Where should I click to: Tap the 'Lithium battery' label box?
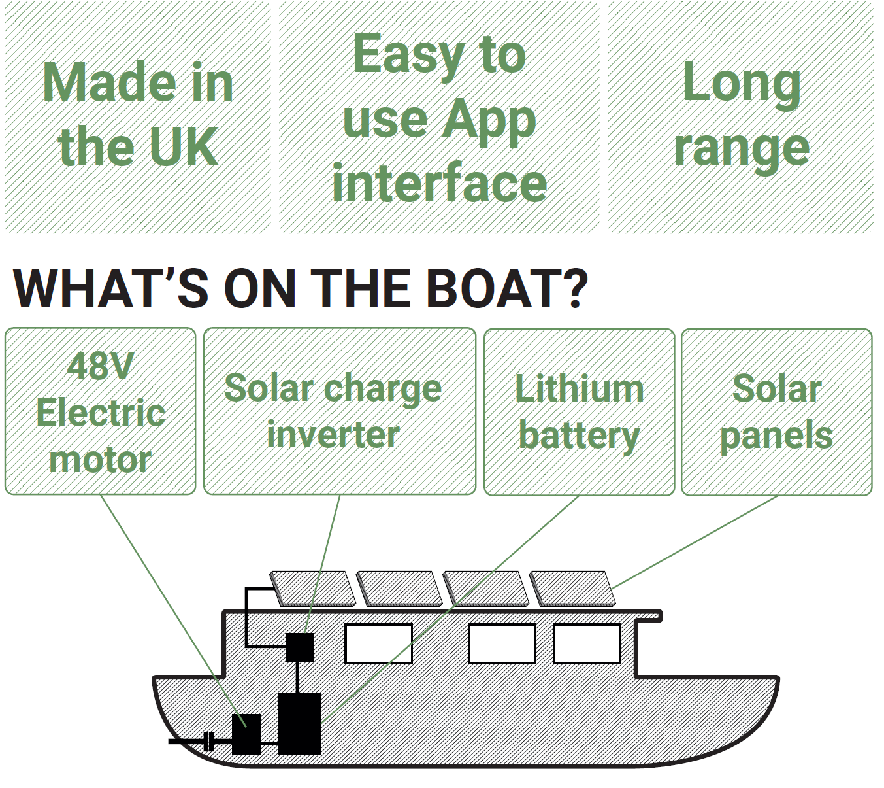[x=579, y=412]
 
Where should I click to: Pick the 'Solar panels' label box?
[x=776, y=412]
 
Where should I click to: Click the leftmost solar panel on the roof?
[x=312, y=587]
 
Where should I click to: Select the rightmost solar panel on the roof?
[x=572, y=587]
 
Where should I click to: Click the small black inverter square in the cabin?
[x=300, y=647]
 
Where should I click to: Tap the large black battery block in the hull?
[x=300, y=723]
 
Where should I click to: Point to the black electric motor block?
[x=246, y=734]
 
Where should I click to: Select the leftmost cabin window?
[x=378, y=643]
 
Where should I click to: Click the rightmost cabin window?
[x=587, y=643]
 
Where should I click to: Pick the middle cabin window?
[x=502, y=643]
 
